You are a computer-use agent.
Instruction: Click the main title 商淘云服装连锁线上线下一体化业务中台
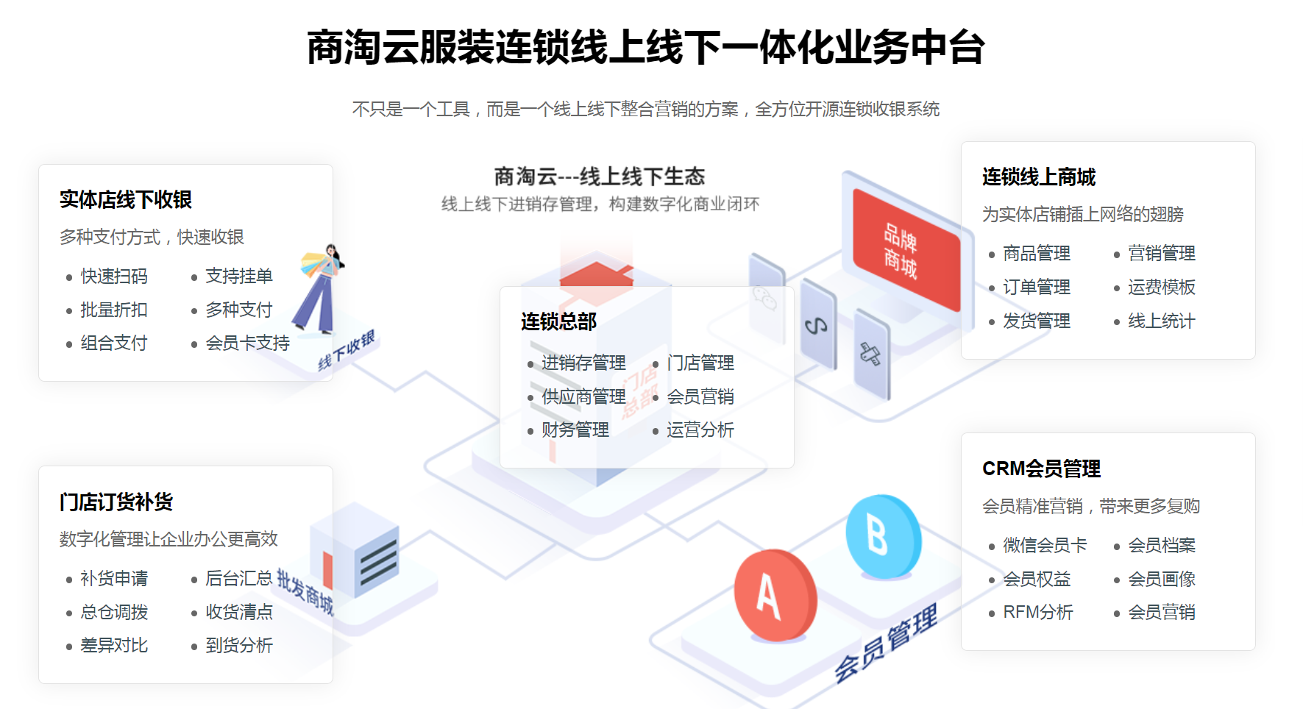[x=645, y=48]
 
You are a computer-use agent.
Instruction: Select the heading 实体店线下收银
[x=125, y=199]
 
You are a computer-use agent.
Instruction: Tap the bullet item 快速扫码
[x=114, y=276]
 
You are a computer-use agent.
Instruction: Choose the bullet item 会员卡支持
[x=247, y=343]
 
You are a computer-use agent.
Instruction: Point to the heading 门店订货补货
[x=116, y=502]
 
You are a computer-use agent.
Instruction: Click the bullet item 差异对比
[x=114, y=645]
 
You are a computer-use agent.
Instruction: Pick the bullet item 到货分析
[x=239, y=645]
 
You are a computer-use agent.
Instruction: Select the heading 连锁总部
[x=558, y=321]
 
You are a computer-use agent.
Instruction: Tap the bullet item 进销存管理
[x=583, y=363]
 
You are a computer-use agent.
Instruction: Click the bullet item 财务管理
[x=575, y=430]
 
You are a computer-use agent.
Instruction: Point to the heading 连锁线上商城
[x=1039, y=177]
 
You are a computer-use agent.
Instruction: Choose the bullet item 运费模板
[x=1161, y=287]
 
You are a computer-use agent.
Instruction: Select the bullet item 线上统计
[x=1161, y=321]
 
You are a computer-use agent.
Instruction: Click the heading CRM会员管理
[x=1041, y=468]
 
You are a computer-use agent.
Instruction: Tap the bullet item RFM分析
[x=1038, y=612]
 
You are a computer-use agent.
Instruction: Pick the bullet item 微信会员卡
[x=1045, y=545]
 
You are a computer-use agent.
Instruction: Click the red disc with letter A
[x=774, y=594]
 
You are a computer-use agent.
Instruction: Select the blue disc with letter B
[x=882, y=536]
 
